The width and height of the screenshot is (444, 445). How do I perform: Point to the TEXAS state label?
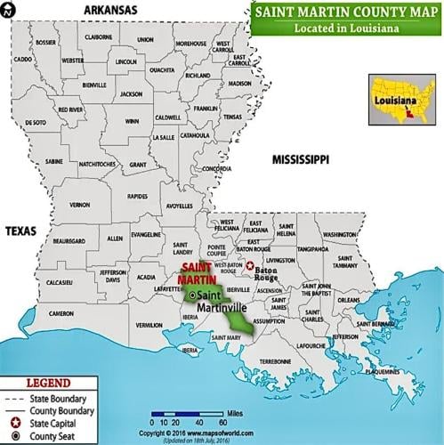click(x=21, y=231)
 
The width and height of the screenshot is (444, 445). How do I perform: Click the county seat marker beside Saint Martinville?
click(x=191, y=295)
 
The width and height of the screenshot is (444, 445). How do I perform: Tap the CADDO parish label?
click(x=22, y=60)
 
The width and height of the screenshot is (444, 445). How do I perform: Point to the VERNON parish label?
click(x=80, y=205)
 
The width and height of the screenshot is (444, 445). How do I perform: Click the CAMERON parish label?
click(x=61, y=313)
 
